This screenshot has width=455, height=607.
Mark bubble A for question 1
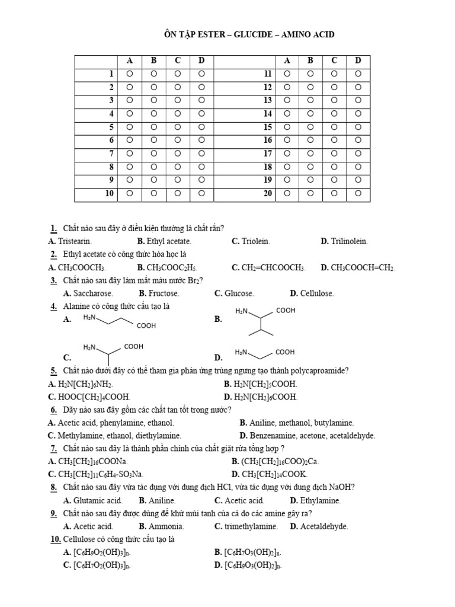pyautogui.click(x=129, y=74)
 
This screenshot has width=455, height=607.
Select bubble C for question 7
pyautogui.click(x=178, y=154)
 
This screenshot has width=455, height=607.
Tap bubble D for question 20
pyautogui.click(x=358, y=193)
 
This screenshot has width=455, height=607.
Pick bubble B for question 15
pyautogui.click(x=310, y=127)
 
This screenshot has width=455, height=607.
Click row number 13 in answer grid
pyautogui.click(x=267, y=101)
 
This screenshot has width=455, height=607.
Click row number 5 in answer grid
pyautogui.click(x=111, y=127)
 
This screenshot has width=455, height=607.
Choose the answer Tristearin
pyautogui.click(x=75, y=242)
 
